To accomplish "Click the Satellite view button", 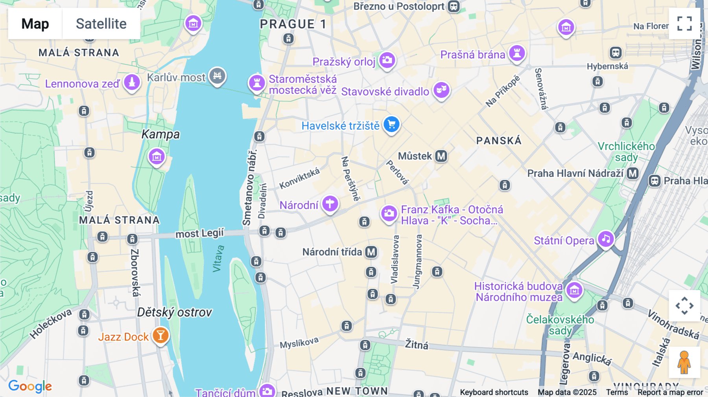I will [x=101, y=24].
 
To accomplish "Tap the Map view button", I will [x=35, y=24].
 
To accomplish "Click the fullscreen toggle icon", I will [x=684, y=24].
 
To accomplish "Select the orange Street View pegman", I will [x=684, y=362].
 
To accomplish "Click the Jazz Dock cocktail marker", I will [x=160, y=336].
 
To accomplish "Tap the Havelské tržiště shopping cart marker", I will [x=391, y=125].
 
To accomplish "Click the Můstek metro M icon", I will [x=441, y=156].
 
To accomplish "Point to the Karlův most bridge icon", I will [x=217, y=75].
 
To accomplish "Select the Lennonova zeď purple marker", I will [x=132, y=83].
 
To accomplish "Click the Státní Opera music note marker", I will [x=606, y=239].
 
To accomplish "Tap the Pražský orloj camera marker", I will [x=387, y=60].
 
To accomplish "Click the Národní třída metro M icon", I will [x=371, y=252].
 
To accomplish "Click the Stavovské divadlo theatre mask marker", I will [x=441, y=90].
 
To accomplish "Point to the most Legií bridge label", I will [x=199, y=233].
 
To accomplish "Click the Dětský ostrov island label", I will [x=174, y=312].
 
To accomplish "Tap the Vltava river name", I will [x=218, y=259].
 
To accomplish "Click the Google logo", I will [x=30, y=386].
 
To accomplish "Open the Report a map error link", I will [x=670, y=392].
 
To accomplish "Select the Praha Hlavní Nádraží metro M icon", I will [x=632, y=173].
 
